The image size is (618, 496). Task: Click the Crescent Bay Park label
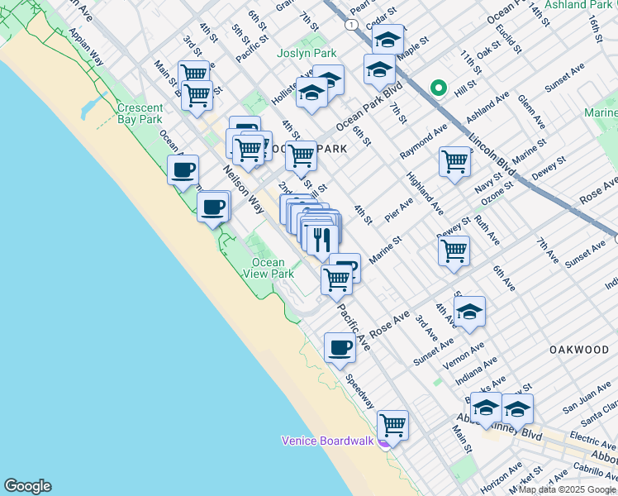point(140,113)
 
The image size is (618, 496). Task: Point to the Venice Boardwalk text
point(328,440)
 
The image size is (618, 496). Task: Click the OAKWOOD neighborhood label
point(579,350)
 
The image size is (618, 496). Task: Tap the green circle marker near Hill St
point(438,88)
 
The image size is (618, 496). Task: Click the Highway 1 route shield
point(354,26)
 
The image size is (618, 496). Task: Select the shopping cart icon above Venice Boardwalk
point(393,425)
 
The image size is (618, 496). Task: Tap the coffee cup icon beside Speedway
point(340,347)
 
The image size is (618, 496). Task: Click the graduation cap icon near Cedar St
point(387,39)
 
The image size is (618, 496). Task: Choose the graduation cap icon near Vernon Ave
point(469,311)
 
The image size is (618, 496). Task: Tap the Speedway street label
point(360,393)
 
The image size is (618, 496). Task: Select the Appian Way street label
point(86,47)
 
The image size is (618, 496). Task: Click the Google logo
point(27,486)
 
